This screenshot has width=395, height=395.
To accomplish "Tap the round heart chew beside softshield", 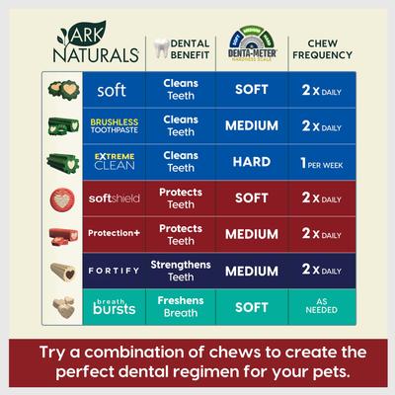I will [57, 197].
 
